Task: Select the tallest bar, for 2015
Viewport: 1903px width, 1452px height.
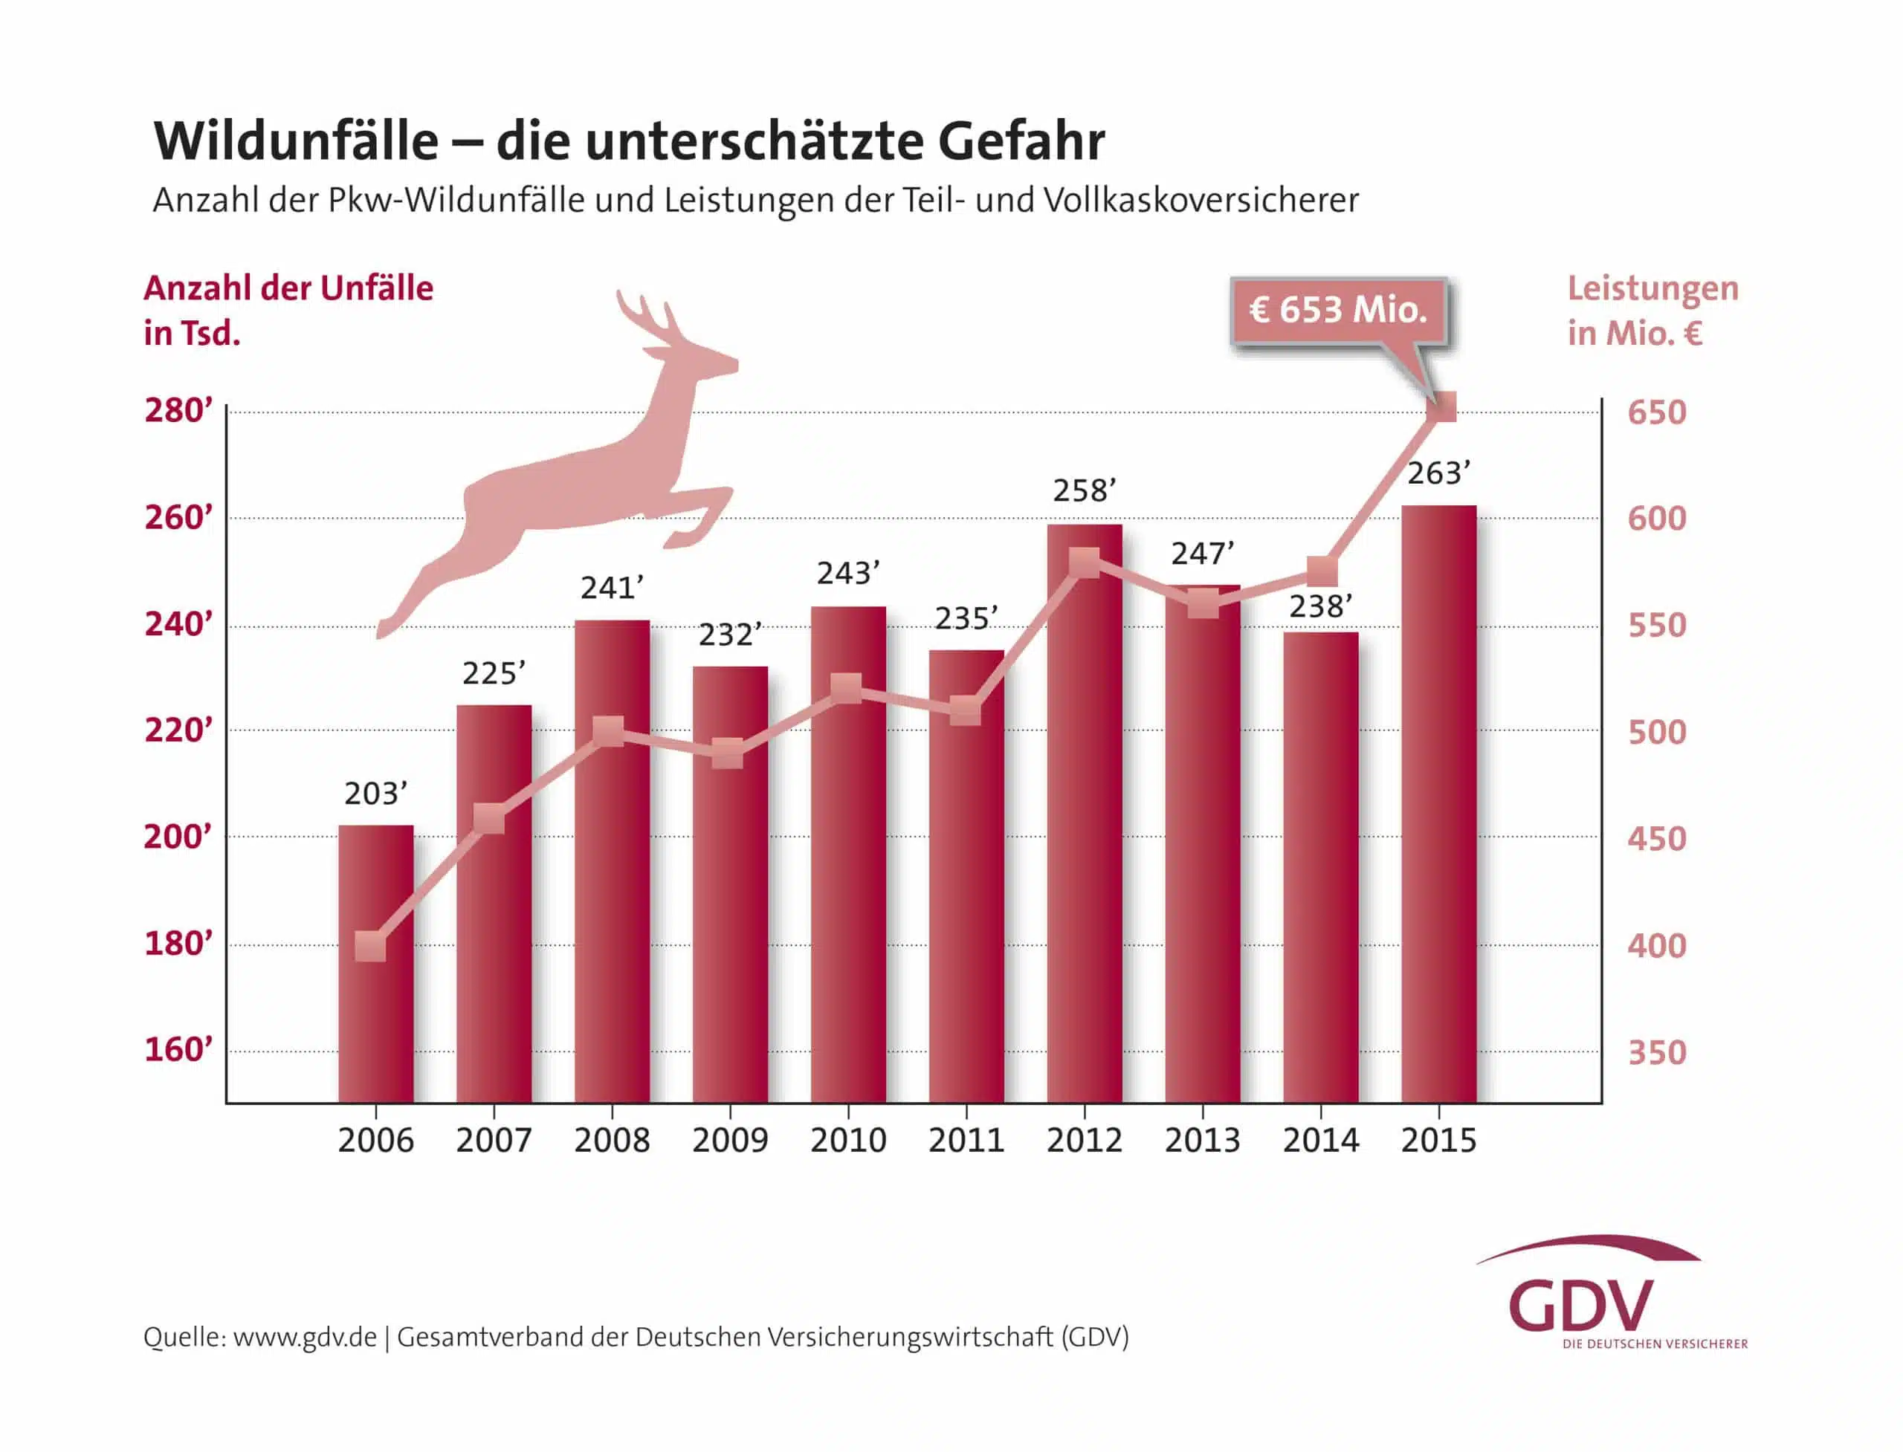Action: pyautogui.click(x=1438, y=804)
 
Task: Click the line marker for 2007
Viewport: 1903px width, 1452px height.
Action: pyautogui.click(x=489, y=818)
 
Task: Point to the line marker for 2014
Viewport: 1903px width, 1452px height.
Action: pyautogui.click(x=1322, y=571)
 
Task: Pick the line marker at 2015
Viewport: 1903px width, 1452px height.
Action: pyautogui.click(x=1443, y=406)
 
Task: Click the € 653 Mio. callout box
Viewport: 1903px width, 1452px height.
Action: pyautogui.click(x=1337, y=309)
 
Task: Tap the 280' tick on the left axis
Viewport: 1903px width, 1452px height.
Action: pyautogui.click(x=178, y=410)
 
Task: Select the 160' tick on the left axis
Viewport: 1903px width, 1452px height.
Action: pyautogui.click(x=178, y=1049)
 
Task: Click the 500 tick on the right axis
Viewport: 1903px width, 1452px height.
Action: pyautogui.click(x=1657, y=732)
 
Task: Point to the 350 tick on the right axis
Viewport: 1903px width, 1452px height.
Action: pyautogui.click(x=1657, y=1051)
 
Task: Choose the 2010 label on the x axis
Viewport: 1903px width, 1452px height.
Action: pyautogui.click(x=847, y=1140)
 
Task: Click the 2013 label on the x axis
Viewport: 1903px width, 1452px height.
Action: pyautogui.click(x=1202, y=1140)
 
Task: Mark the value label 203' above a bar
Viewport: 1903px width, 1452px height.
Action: pyautogui.click(x=375, y=794)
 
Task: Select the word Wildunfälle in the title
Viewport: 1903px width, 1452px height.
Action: pyautogui.click(x=296, y=141)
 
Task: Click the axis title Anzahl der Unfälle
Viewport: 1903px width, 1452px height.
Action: pyautogui.click(x=288, y=288)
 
